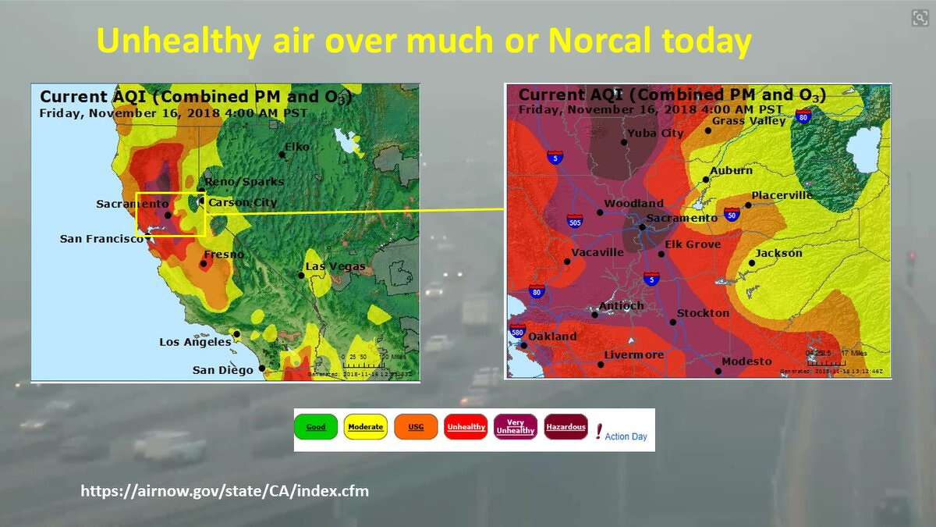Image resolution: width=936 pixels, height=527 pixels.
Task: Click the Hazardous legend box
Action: click(565, 427)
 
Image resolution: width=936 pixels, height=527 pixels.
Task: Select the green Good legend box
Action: click(316, 427)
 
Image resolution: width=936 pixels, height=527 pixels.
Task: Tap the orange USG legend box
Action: click(416, 427)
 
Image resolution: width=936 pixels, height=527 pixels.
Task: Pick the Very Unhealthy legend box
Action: click(516, 427)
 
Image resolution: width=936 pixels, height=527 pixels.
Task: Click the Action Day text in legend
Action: click(626, 436)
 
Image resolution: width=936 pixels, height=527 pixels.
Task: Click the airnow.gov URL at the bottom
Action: click(225, 491)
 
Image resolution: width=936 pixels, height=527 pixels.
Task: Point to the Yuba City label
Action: click(655, 133)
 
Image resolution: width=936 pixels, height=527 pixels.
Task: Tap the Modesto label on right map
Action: click(746, 361)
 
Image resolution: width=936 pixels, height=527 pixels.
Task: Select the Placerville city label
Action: click(782, 195)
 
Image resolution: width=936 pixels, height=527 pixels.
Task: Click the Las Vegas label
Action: click(335, 267)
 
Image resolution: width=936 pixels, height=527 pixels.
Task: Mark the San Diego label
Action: click(222, 370)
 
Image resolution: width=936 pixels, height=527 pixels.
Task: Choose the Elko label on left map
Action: click(297, 147)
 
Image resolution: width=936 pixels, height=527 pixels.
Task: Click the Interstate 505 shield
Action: click(574, 222)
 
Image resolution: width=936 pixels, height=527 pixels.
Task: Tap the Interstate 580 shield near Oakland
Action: click(516, 331)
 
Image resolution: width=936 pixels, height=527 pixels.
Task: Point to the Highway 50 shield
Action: click(731, 214)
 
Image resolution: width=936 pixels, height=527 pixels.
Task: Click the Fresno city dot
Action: click(204, 264)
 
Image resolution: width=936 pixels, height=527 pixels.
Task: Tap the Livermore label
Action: click(633, 355)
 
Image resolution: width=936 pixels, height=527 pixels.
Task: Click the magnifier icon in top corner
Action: click(919, 19)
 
